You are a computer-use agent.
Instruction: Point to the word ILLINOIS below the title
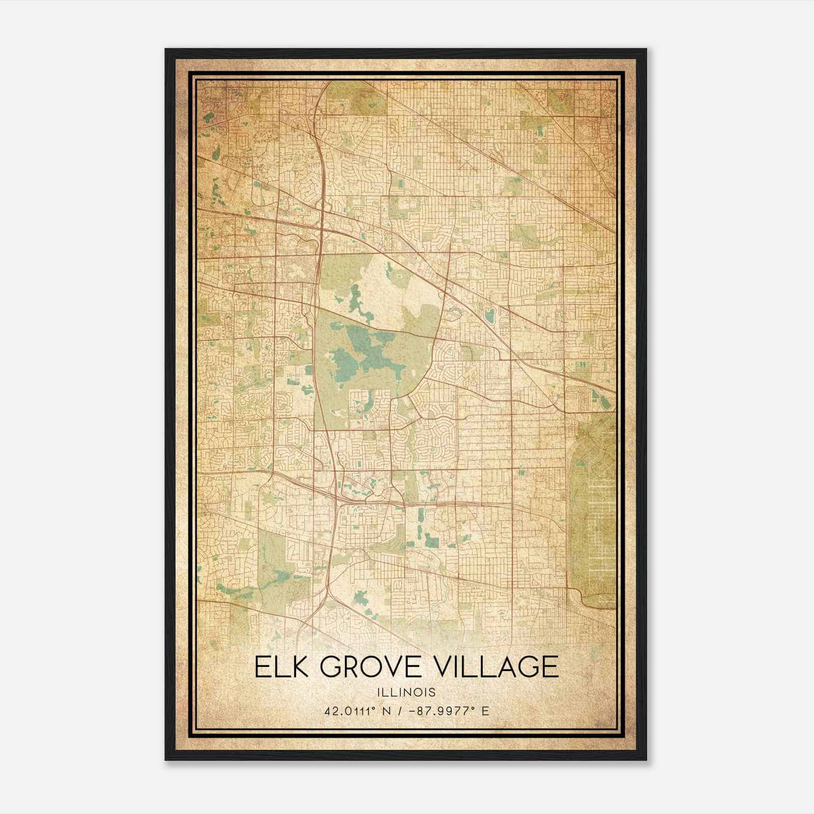(406, 692)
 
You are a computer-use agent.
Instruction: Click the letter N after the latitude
(388, 711)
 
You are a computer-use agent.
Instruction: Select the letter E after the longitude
(485, 711)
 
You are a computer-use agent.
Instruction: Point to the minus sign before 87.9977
(414, 711)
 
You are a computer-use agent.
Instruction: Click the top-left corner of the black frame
(166, 50)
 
